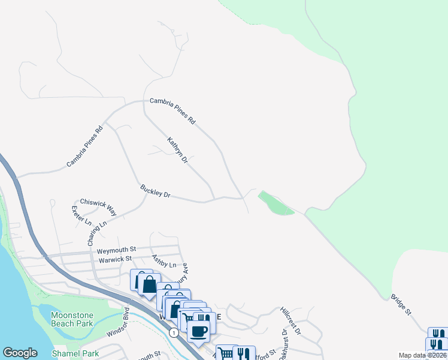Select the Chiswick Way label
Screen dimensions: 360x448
[98, 206]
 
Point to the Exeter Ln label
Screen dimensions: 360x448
[81, 216]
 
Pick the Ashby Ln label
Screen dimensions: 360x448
[165, 262]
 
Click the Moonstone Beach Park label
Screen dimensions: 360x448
[72, 319]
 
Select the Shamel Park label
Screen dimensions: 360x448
[75, 353]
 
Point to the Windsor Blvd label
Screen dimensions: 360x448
[119, 322]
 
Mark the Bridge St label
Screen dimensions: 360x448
[401, 304]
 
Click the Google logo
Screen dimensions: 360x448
[20, 353]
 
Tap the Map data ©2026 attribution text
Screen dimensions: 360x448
[422, 355]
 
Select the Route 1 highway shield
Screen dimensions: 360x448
[173, 332]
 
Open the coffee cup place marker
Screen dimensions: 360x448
[199, 331]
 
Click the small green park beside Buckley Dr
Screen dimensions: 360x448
[275, 203]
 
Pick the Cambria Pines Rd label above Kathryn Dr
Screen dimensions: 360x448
[172, 111]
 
